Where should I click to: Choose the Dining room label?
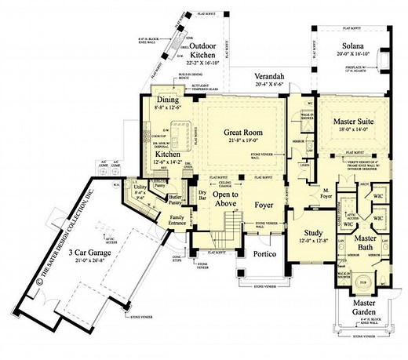[166, 100]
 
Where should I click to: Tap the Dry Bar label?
[202, 194]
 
